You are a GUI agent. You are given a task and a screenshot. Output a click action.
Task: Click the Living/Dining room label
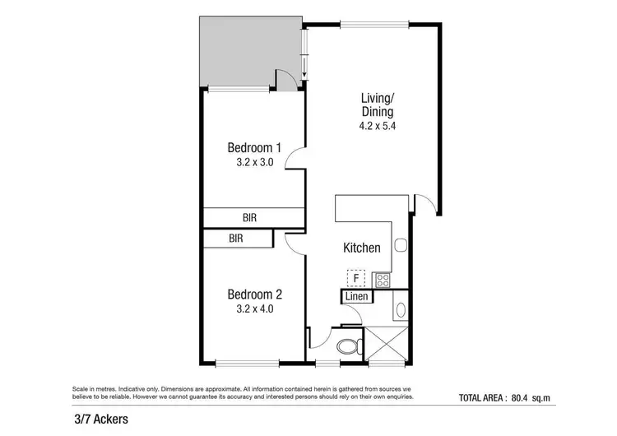tap(377, 105)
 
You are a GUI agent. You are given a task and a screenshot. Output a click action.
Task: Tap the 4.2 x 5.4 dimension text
tap(377, 126)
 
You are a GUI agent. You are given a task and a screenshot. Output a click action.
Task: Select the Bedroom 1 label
tap(254, 148)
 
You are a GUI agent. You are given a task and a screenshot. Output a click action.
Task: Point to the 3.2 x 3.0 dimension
tap(254, 163)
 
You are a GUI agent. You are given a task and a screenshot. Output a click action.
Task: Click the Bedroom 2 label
tap(254, 295)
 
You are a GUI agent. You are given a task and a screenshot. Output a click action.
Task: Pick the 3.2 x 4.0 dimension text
tap(254, 309)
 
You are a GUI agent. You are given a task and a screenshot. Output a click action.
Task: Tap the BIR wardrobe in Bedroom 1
tap(253, 218)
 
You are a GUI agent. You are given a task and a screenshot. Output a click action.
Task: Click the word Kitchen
tap(361, 248)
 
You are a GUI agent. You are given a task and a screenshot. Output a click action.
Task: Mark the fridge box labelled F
tap(356, 279)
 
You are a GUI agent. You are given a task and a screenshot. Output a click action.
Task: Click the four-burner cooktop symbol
tap(383, 280)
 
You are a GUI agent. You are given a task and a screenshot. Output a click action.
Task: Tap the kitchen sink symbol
tap(400, 245)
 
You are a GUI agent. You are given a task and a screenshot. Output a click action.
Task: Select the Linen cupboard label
tap(355, 296)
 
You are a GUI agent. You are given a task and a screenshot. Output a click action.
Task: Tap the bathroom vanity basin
tap(401, 310)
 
